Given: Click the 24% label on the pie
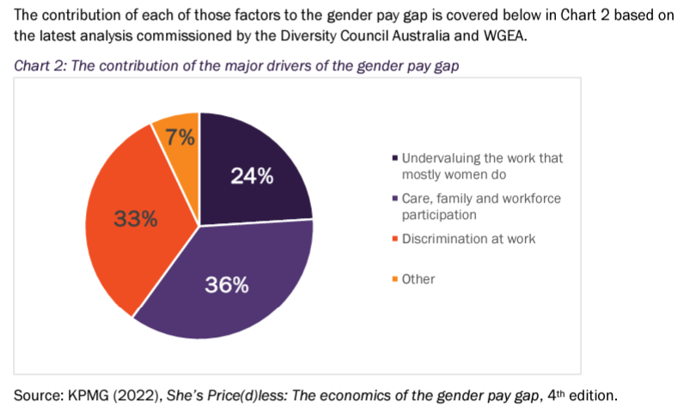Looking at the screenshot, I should (x=251, y=176).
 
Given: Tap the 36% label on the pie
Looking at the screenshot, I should (x=227, y=285).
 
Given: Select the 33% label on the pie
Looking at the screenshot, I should (x=136, y=218).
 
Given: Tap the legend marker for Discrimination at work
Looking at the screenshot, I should (x=394, y=239).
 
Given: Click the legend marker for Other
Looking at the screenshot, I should (x=394, y=279).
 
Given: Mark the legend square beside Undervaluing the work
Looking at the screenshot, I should (x=394, y=159).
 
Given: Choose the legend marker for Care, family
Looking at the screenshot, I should (x=394, y=199).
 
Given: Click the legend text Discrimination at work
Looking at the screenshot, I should (x=468, y=239).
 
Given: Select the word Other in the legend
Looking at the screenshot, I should (x=418, y=279).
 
